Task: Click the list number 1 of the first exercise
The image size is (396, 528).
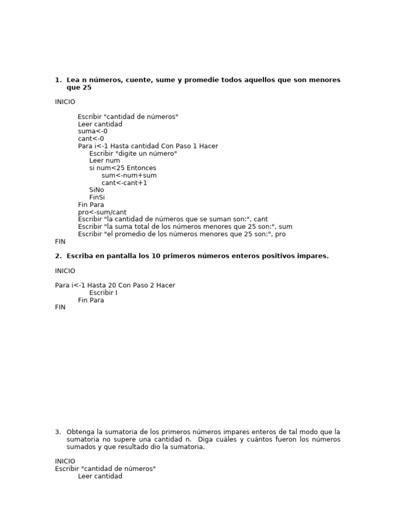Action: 57,80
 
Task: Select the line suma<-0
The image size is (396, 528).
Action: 93,131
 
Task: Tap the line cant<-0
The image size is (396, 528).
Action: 91,139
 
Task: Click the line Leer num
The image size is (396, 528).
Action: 105,160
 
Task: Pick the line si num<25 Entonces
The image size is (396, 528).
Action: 123,168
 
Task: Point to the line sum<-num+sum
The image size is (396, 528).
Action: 129,175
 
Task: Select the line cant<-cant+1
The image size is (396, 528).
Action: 124,183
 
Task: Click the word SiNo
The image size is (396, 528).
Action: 96,190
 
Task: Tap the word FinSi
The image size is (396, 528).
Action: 97,197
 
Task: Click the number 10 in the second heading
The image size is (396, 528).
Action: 155,256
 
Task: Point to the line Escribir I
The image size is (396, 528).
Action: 103,293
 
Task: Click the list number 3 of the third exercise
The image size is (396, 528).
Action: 57,432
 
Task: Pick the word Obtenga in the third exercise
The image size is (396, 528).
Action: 80,432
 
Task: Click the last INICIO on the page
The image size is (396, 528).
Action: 65,461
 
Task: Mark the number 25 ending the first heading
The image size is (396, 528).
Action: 87,88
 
